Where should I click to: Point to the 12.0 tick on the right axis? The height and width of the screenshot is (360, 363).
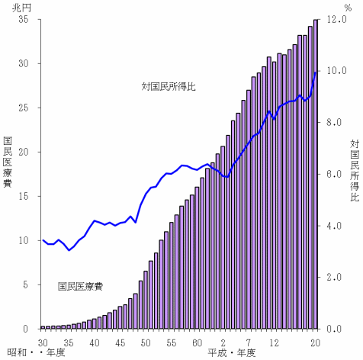(x=337, y=20)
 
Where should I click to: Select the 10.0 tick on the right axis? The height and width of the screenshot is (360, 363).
(x=337, y=71)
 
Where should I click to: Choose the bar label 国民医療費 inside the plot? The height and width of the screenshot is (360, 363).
(x=81, y=287)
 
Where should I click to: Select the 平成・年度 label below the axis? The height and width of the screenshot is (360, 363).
(x=231, y=353)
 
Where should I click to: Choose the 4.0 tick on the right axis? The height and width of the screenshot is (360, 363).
(x=337, y=226)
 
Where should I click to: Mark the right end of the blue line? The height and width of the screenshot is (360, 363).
(x=316, y=72)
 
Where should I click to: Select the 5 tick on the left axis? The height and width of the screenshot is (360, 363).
(x=26, y=284)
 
